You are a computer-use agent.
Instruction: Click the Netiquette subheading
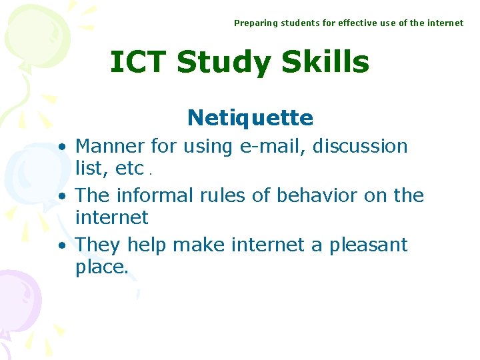click(250, 118)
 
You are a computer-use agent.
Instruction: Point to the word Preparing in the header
click(255, 23)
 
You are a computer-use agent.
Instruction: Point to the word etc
click(129, 169)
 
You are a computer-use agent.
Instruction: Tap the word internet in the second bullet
click(111, 217)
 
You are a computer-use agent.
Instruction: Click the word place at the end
click(100, 268)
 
